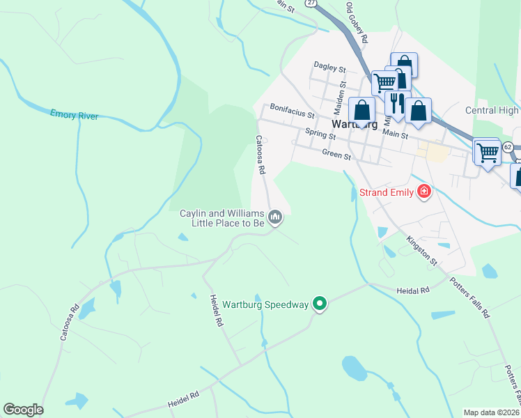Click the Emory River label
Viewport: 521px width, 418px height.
(75, 114)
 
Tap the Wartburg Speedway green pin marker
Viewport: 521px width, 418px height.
(320, 303)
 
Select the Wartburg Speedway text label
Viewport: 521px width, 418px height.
(265, 304)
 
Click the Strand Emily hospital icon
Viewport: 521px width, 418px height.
(423, 192)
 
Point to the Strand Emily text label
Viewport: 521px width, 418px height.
(387, 192)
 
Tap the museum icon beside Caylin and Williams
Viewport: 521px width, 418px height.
(276, 218)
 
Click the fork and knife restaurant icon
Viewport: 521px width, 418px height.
(396, 103)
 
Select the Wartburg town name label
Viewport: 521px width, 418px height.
(355, 125)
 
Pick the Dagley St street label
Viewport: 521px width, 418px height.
(329, 68)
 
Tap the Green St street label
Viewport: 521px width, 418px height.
(336, 155)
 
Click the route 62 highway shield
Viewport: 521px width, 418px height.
(507, 147)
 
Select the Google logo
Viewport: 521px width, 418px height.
(23, 410)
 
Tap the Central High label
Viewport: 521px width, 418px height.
(492, 110)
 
